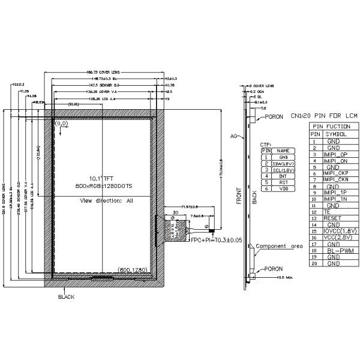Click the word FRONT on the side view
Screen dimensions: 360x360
(239, 196)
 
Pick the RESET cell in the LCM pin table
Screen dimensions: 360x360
(332, 218)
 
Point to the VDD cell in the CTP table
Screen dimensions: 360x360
(283, 188)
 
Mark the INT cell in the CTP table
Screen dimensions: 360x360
(283, 176)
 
